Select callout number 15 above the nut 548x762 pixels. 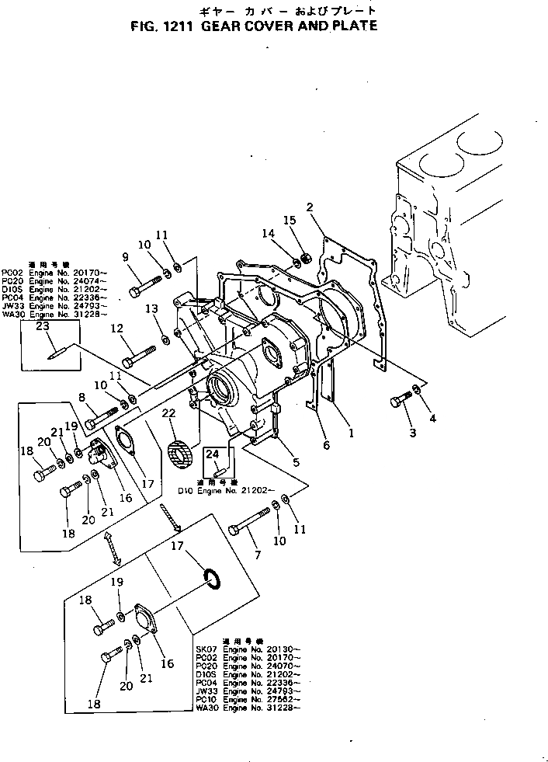pos(291,221)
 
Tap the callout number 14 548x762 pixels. pos(268,232)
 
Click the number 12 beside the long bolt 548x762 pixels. pos(118,329)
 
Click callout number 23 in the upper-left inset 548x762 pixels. pos(42,326)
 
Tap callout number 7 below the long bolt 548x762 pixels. pos(258,555)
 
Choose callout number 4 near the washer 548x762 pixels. pos(432,419)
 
